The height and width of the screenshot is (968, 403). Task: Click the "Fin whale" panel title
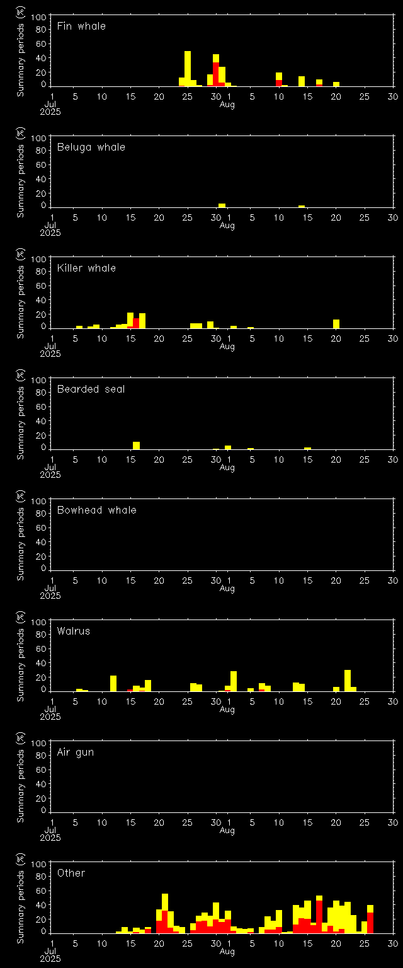tap(81, 26)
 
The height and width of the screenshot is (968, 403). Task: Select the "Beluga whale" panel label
tap(91, 147)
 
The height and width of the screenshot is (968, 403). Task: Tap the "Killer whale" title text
tap(86, 268)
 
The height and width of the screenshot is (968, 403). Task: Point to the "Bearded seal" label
tap(91, 389)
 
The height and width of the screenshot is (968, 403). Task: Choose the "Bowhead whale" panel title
tap(96, 510)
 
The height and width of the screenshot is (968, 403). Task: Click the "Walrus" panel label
tap(73, 631)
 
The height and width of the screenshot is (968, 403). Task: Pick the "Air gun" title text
tap(75, 752)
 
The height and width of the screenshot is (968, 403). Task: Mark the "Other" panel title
tap(71, 873)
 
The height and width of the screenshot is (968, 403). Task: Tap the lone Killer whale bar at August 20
tap(336, 324)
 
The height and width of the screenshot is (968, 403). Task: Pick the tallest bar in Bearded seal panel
tap(136, 446)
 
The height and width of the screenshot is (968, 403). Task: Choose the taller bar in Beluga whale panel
tap(222, 205)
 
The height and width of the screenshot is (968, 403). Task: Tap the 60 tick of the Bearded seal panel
tap(43, 407)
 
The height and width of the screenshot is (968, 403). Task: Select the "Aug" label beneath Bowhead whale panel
tap(227, 589)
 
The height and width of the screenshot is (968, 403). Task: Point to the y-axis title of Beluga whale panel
tap(21, 172)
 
